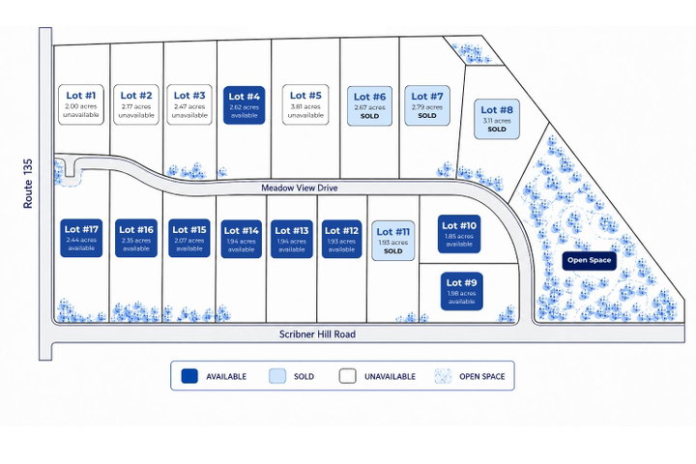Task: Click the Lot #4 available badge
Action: point(245,105)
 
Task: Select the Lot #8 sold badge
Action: point(497,119)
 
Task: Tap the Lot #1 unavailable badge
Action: point(81,104)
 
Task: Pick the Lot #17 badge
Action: point(81,238)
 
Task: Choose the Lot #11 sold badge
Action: point(392,241)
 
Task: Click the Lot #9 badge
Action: point(462,291)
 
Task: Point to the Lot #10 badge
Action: point(459,234)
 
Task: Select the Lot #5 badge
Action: point(305,104)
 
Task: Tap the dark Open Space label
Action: point(589,261)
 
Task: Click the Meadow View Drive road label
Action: point(299,188)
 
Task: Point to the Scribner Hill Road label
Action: point(317,333)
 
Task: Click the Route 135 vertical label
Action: point(28,184)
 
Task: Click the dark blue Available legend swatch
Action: point(189,376)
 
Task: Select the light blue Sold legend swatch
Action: point(277,376)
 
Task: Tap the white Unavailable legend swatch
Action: point(348,376)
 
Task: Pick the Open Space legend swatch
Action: point(443,376)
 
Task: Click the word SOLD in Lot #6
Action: point(369,116)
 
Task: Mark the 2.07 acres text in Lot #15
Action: point(189,241)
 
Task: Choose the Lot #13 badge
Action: point(292,239)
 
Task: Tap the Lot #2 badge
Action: point(136,104)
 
